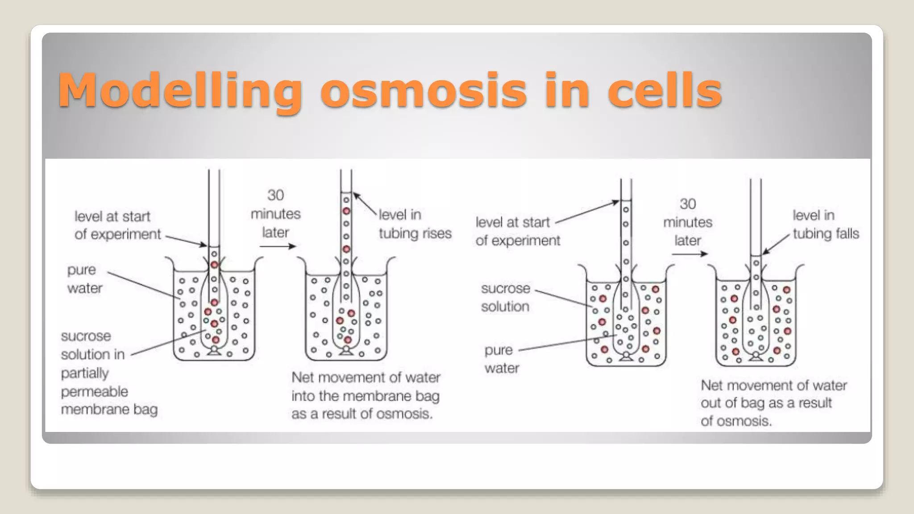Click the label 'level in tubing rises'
415,224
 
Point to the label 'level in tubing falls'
825,224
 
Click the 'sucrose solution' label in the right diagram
505,298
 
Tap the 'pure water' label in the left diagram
84,279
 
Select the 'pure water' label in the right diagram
501,359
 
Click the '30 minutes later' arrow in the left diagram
278,246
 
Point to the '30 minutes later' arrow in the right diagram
690,254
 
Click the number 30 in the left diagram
275,195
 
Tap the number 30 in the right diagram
687,204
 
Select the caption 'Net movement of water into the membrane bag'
366,396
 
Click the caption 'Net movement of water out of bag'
773,403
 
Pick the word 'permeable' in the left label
94,392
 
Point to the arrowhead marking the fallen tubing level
765,252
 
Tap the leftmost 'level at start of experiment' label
117,225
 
